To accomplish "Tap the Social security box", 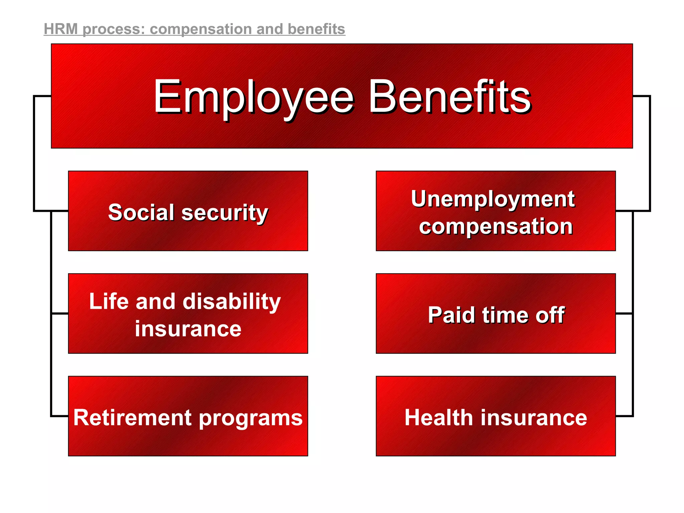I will (x=188, y=211).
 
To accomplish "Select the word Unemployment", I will (x=493, y=199).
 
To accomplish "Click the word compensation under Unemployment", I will (x=496, y=227).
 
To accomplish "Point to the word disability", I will (x=232, y=302).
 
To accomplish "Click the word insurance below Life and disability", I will (x=188, y=329).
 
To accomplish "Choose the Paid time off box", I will (x=496, y=314).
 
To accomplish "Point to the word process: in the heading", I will (x=114, y=29).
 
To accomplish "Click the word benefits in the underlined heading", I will (x=316, y=29).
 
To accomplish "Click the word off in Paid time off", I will (x=550, y=315).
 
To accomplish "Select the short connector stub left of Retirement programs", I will (x=60, y=416).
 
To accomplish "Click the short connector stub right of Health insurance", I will (x=624, y=416).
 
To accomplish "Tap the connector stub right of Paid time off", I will (x=624, y=314).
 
